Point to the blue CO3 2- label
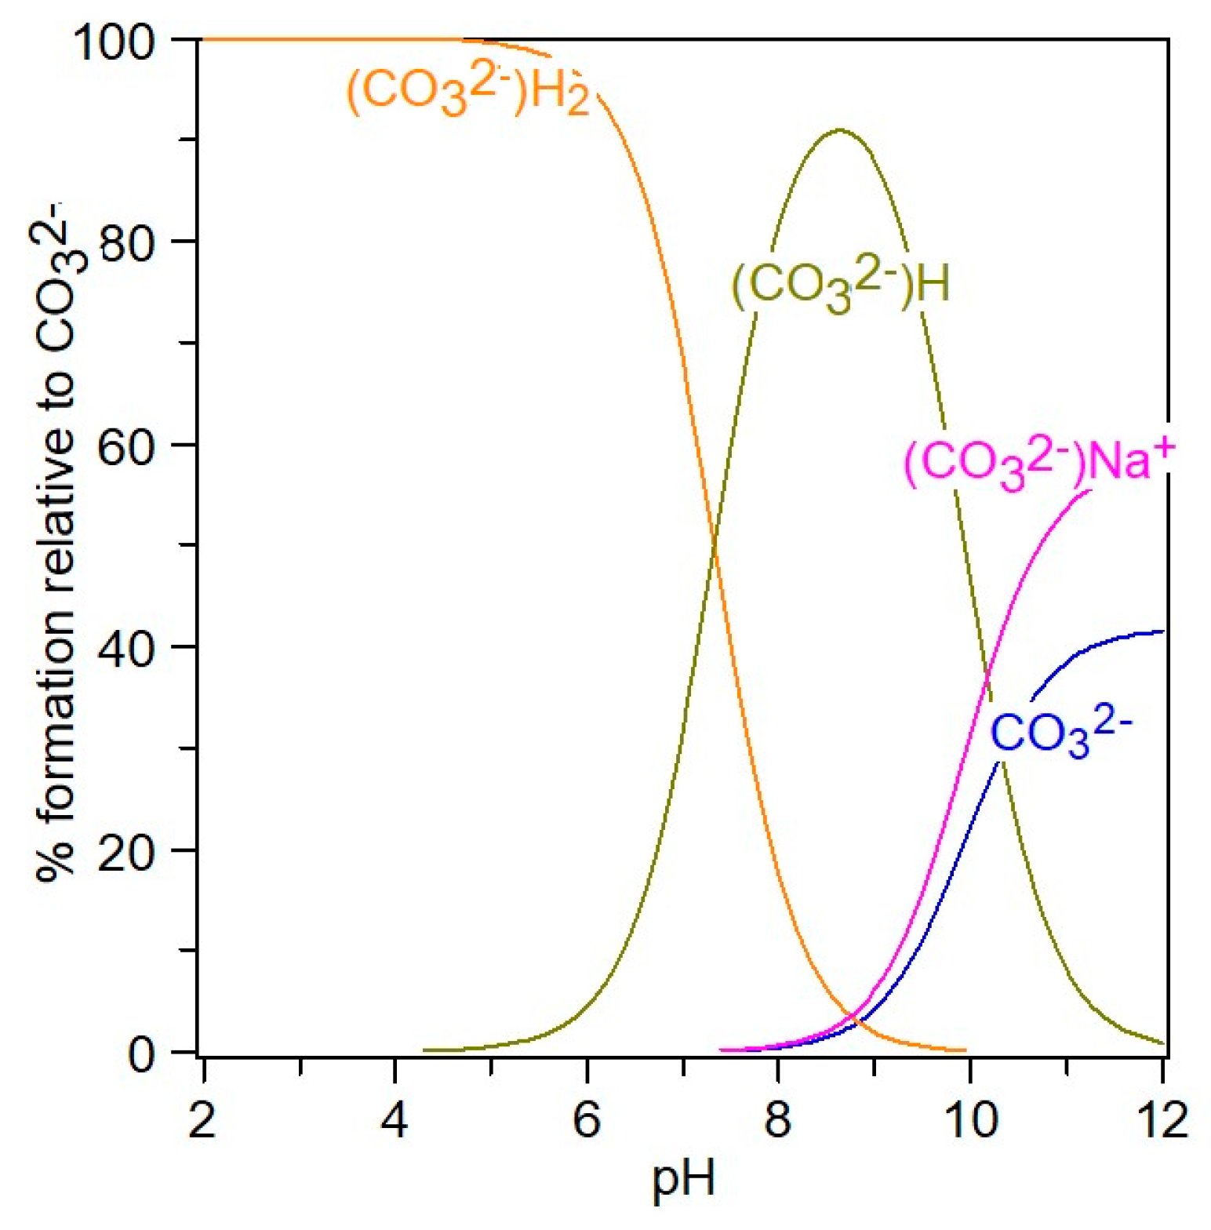tap(1060, 733)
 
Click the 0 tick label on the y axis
tap(142, 1055)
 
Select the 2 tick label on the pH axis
tap(202, 1119)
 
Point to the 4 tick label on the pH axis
tap(395, 1119)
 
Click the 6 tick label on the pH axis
tap(587, 1119)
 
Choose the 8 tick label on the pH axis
tap(778, 1119)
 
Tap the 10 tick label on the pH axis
tap(972, 1119)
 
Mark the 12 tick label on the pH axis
tap(1162, 1119)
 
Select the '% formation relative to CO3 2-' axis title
tap(59, 541)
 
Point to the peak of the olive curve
tap(840, 130)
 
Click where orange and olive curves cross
tap(714, 545)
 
